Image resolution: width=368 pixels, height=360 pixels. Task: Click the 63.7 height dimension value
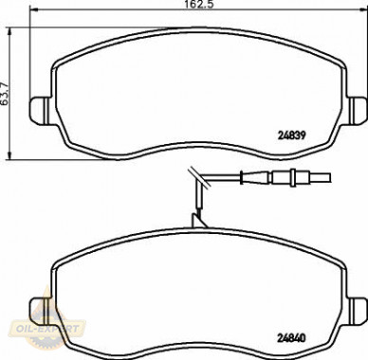5,94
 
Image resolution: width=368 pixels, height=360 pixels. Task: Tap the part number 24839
292,135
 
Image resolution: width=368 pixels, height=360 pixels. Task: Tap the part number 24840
291,338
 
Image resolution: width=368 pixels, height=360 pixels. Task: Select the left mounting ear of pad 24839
39,110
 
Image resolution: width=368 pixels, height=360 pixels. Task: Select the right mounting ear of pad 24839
359,110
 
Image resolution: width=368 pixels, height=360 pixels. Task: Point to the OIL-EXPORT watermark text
46,329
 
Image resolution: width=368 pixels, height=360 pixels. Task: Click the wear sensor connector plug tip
320,178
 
